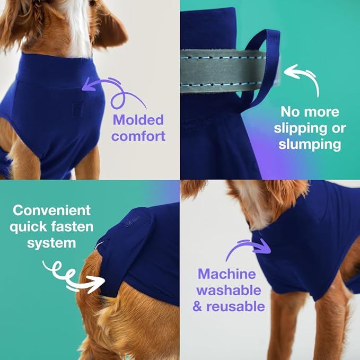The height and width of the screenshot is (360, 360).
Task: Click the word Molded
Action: pos(138,119)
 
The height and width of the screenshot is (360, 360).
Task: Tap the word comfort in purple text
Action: pos(138,136)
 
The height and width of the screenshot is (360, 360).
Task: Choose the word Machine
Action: pos(227,274)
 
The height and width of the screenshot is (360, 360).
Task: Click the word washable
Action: pos(230,290)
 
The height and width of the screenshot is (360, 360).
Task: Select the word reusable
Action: pos(243,306)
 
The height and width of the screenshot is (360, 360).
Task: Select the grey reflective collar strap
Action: pos(223,63)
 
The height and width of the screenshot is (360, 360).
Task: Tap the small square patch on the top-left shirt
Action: pos(77,109)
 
